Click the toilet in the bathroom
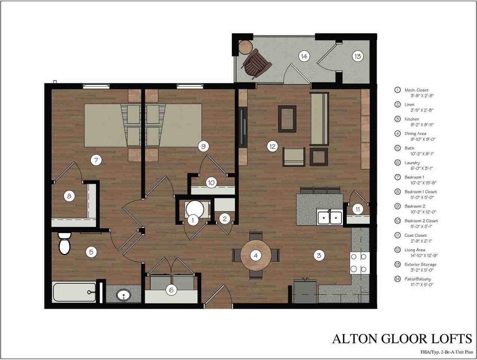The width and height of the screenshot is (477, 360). [x=65, y=244]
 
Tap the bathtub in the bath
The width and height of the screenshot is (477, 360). [x=74, y=292]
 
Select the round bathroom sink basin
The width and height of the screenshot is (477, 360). [x=123, y=295]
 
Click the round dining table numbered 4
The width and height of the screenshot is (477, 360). [x=256, y=256]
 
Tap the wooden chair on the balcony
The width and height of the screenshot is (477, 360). [x=256, y=64]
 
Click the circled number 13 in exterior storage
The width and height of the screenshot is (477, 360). [x=357, y=56]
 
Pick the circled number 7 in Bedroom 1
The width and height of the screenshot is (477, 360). [x=96, y=160]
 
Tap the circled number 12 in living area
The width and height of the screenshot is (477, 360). [x=272, y=146]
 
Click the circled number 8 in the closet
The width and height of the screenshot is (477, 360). [x=69, y=196]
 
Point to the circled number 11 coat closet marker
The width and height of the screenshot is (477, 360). [x=358, y=209]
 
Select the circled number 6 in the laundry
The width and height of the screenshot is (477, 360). [x=171, y=290]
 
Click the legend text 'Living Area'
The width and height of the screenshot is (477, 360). [x=415, y=250]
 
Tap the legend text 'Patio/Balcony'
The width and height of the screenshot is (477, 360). [x=418, y=279]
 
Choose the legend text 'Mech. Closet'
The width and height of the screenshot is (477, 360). [x=416, y=90]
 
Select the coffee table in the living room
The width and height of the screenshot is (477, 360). [x=287, y=119]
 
